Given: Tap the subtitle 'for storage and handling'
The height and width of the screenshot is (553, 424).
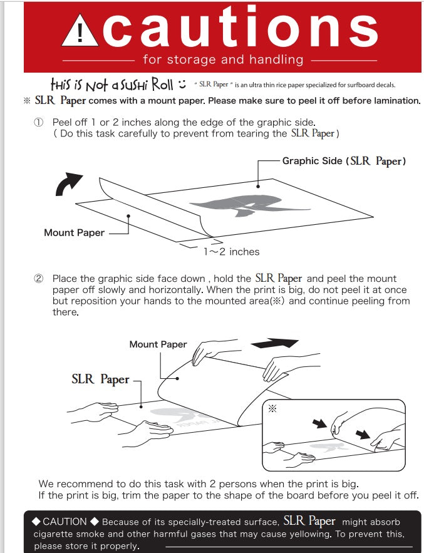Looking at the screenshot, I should tap(223, 60).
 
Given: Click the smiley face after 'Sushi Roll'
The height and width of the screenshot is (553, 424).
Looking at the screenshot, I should tap(182, 84).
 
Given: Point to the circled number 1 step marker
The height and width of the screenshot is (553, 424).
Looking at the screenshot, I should tap(38, 123).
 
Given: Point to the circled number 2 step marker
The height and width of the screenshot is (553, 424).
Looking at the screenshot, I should tap(38, 279).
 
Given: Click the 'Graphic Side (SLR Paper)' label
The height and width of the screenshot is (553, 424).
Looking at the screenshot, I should tap(344, 161).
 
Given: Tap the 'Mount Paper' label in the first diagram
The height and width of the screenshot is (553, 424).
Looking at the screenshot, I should tap(74, 232).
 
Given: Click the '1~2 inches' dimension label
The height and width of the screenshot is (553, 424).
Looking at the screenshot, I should tap(231, 251).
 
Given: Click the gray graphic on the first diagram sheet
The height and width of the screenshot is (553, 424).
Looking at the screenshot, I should tap(247, 205).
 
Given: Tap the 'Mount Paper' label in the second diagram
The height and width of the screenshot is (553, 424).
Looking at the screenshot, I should tap(158, 344).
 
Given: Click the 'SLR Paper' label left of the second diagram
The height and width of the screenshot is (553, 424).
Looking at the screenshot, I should tap(100, 380).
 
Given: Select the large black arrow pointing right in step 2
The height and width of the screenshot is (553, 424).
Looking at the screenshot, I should tap(274, 343).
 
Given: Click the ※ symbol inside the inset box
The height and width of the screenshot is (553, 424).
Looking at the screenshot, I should tap(272, 407).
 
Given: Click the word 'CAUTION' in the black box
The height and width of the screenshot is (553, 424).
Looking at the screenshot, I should tap(65, 521).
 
